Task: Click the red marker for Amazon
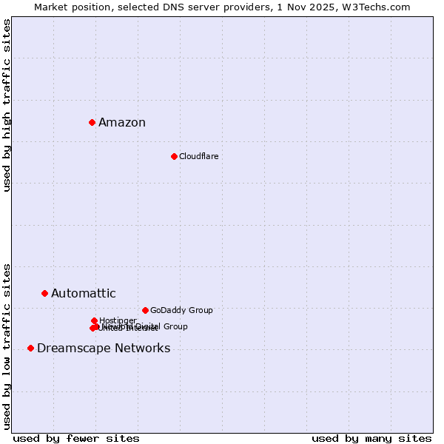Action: [92, 122]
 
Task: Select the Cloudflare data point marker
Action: [174, 156]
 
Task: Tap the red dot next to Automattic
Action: [44, 294]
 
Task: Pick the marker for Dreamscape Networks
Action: [30, 348]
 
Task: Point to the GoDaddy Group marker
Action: [145, 310]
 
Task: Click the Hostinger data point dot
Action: [94, 320]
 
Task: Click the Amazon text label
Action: [122, 123]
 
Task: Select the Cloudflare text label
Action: [198, 156]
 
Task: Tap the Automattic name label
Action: [83, 294]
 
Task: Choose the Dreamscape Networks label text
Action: [104, 349]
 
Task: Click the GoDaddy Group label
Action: [181, 311]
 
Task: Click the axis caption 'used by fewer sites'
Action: [76, 438]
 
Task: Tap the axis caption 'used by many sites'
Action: [371, 438]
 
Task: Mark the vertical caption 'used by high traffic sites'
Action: [7, 106]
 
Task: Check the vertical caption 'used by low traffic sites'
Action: [7, 346]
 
